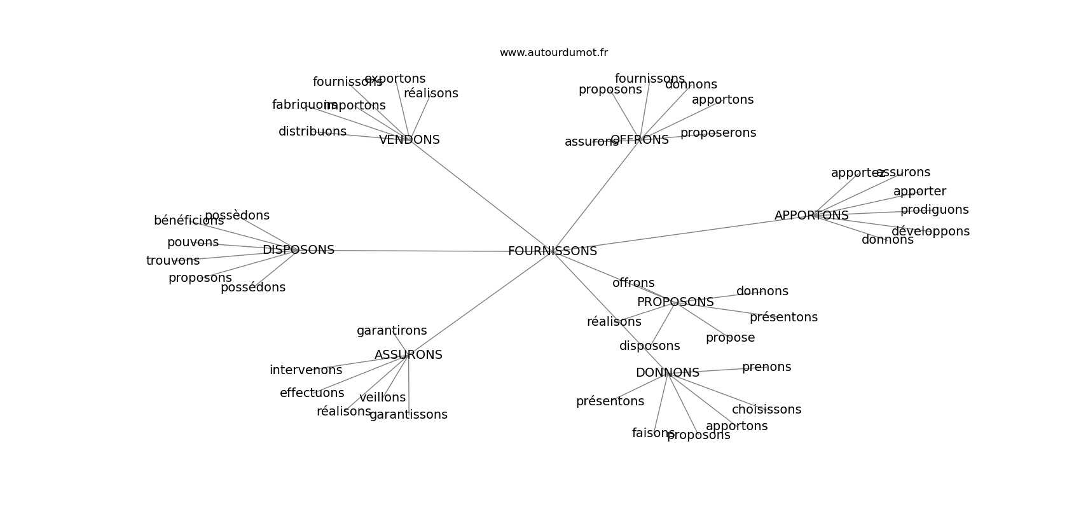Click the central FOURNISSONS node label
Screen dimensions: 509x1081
(x=552, y=251)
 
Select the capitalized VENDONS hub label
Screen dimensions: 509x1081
(x=409, y=140)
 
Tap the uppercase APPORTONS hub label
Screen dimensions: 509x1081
(x=811, y=216)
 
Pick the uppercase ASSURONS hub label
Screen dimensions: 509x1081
(x=408, y=355)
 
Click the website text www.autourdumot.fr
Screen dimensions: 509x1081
(x=553, y=53)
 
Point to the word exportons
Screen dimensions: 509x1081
(x=395, y=79)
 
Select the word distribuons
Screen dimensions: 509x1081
(x=312, y=132)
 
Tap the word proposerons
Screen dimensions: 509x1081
(x=718, y=133)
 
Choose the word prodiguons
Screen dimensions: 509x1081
(x=934, y=210)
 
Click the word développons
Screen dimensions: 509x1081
(x=930, y=232)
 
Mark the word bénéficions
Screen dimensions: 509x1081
(x=189, y=221)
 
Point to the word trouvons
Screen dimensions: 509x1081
(x=173, y=261)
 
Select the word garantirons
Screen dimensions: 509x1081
(x=392, y=331)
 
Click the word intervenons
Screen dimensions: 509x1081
(x=306, y=370)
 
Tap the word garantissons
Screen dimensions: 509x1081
(x=408, y=415)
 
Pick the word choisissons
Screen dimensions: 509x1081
(x=766, y=410)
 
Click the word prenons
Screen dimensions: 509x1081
(x=766, y=367)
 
